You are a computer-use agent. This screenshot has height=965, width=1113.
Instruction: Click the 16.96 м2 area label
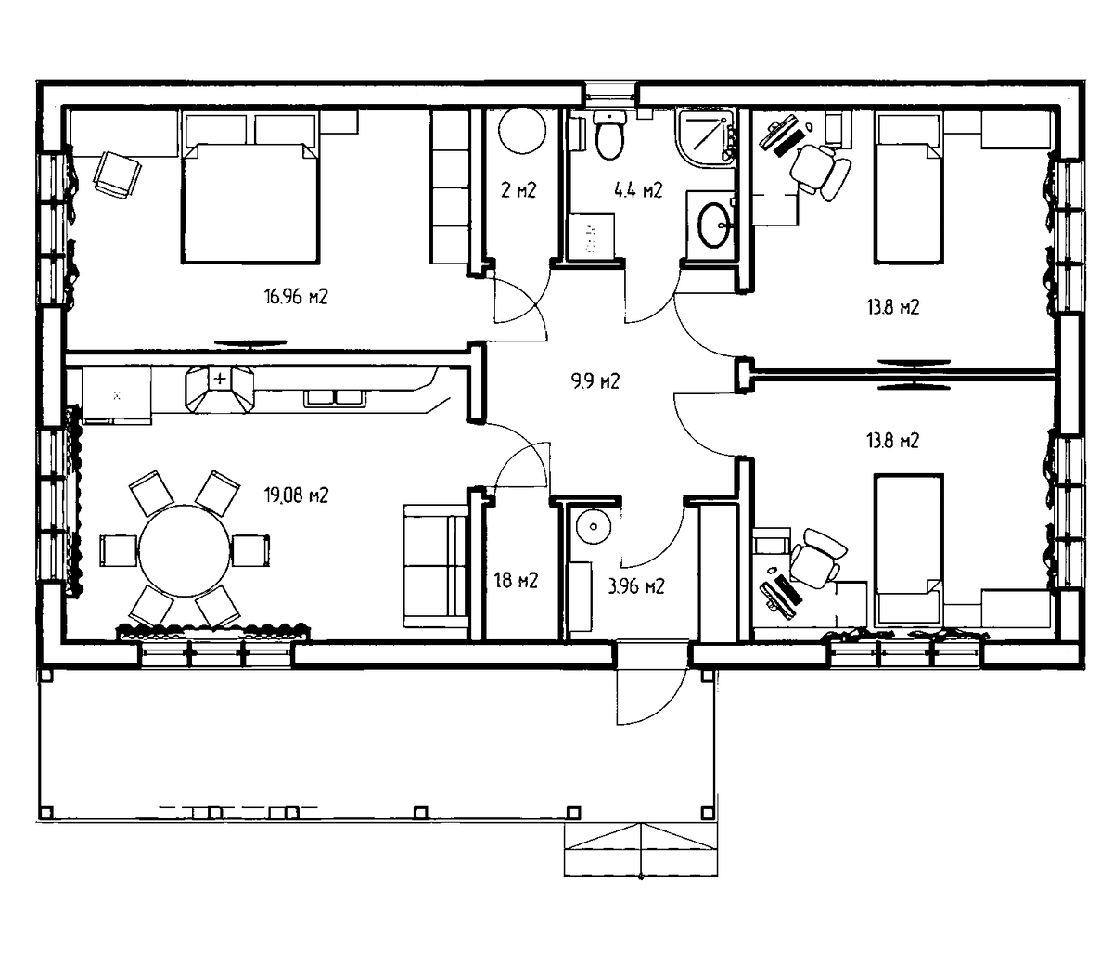click(x=296, y=296)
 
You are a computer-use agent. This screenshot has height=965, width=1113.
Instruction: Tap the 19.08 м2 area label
click(x=296, y=495)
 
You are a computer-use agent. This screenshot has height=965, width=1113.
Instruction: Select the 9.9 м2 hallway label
click(x=595, y=381)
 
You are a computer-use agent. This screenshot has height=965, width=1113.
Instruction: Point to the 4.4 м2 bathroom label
click(x=638, y=190)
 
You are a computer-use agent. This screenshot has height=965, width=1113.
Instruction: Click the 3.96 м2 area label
click(x=636, y=585)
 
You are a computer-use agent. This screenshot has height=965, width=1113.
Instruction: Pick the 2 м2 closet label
click(x=518, y=190)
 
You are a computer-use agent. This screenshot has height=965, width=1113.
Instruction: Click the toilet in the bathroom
click(x=609, y=135)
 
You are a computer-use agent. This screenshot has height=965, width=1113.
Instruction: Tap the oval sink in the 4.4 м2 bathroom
click(x=714, y=225)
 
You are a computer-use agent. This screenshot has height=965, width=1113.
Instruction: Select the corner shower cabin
click(x=706, y=136)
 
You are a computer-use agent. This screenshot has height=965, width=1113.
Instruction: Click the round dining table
click(x=185, y=550)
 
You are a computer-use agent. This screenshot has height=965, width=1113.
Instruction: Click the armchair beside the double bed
click(x=118, y=174)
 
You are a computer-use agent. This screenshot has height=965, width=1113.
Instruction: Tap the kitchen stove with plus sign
click(x=220, y=390)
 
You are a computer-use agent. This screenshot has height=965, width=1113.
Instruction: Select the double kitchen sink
click(x=335, y=398)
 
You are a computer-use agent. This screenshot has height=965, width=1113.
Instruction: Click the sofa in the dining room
click(x=435, y=566)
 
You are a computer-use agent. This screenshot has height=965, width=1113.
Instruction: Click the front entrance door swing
click(x=652, y=696)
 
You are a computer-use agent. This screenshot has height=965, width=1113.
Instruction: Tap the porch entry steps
click(x=641, y=849)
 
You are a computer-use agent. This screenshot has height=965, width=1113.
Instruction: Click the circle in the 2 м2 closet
click(x=522, y=131)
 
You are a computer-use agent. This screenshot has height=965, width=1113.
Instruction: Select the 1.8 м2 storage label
click(x=516, y=581)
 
